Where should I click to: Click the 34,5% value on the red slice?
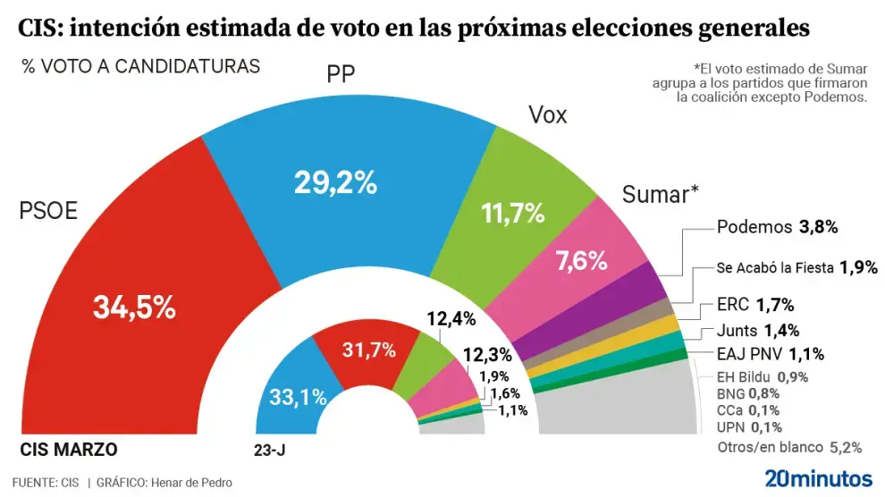click(x=134, y=307)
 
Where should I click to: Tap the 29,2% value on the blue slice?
click(x=336, y=183)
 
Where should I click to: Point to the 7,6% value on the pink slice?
click(x=581, y=261)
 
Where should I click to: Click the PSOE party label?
click(x=48, y=212)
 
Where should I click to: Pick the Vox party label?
click(x=547, y=115)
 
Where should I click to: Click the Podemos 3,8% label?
click(x=777, y=227)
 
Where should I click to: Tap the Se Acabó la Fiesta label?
click(x=789, y=267)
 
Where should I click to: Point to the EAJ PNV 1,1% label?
click(x=771, y=353)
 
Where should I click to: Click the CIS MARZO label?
click(x=69, y=449)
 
